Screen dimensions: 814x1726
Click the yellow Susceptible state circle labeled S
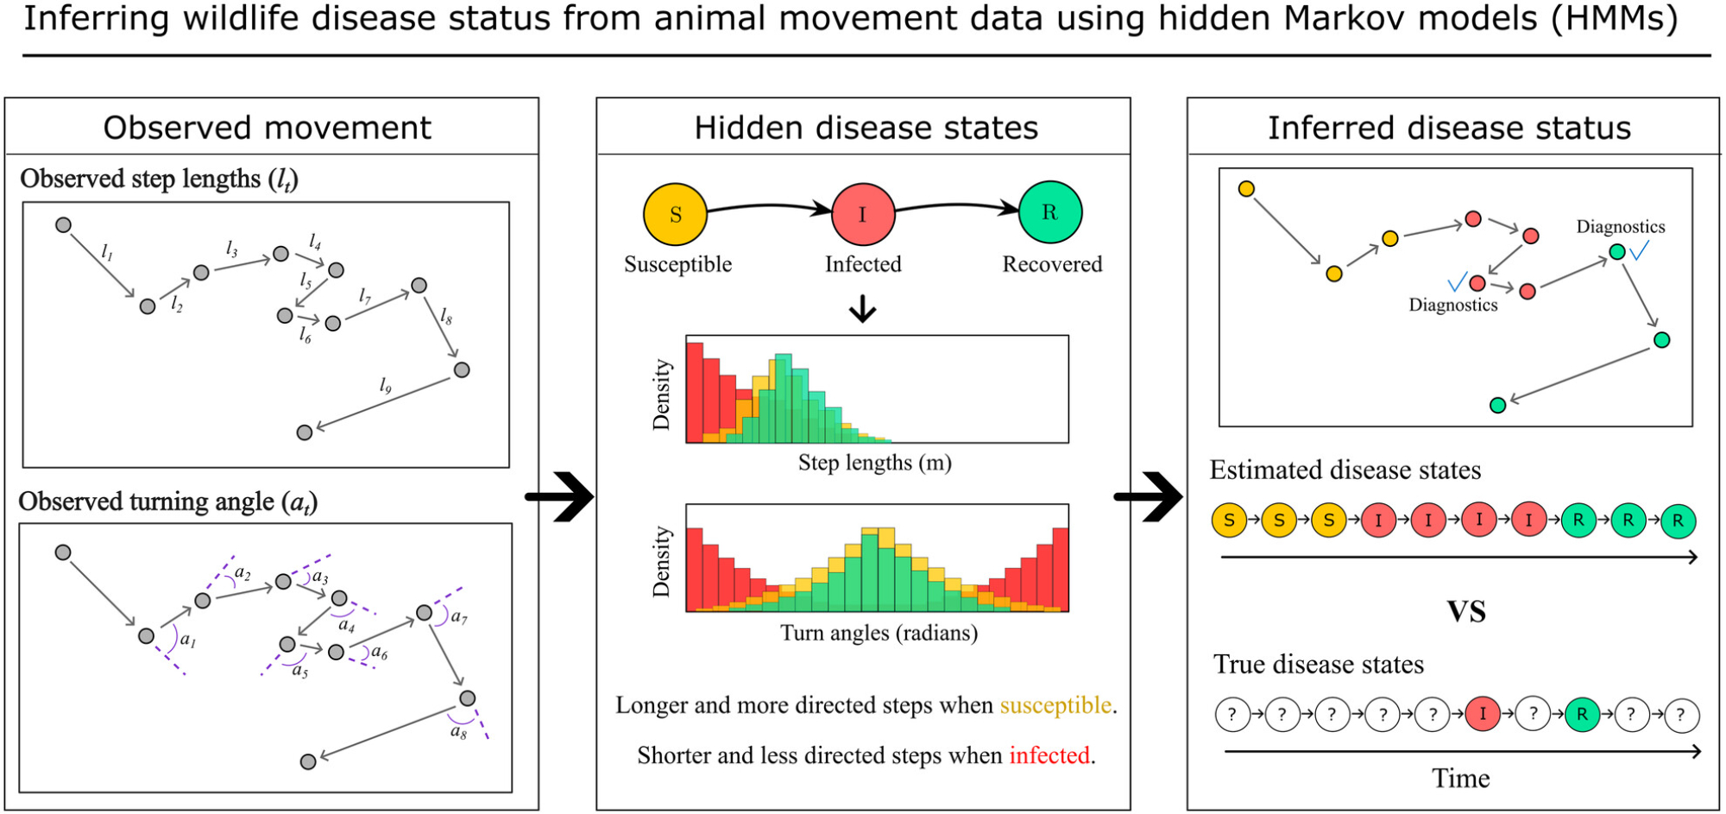pos(675,214)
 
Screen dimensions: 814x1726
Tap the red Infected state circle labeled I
pos(862,214)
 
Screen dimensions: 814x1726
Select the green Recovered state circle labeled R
pos(1049,212)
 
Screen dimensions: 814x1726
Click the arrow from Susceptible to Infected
pos(768,206)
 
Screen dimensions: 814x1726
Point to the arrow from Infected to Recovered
pos(956,205)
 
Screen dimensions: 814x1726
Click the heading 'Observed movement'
pos(267,128)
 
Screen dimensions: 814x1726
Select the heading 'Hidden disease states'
pos(866,128)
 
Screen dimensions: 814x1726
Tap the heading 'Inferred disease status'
pos(1449,128)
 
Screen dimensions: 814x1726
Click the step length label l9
pos(386,386)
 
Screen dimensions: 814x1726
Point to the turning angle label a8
pos(458,732)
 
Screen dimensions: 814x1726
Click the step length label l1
pos(107,251)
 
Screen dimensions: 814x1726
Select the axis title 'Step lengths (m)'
pos(874,463)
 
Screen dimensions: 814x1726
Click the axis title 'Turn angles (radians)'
pos(879,633)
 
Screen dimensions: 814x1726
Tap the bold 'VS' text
pos(1466,612)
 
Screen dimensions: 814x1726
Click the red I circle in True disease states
pos(1483,714)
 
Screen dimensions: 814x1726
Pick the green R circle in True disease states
pos(1582,714)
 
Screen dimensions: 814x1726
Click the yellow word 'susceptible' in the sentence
pos(1055,705)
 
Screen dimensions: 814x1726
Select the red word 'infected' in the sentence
pos(1049,755)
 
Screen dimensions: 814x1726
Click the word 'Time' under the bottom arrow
pos(1460,779)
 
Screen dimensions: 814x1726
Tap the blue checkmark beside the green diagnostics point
pos(1639,250)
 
